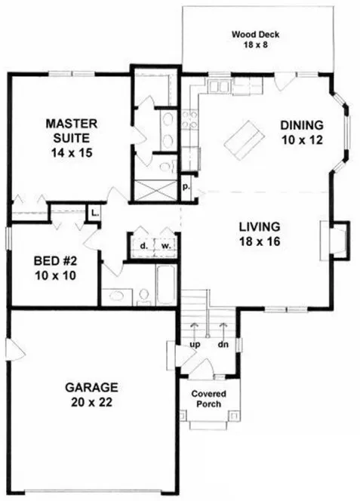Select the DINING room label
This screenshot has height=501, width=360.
(301, 125)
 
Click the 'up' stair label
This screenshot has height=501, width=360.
(194, 345)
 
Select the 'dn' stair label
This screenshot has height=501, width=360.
(224, 345)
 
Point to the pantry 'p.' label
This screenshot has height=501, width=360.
(186, 184)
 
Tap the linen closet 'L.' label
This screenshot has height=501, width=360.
(95, 213)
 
